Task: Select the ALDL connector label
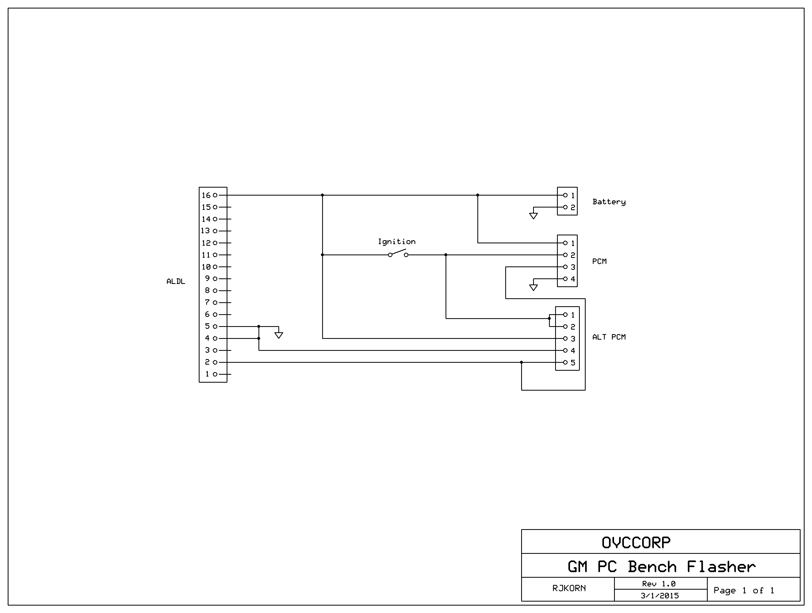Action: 176,282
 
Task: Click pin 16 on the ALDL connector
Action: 215,195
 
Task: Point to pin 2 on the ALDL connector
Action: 215,362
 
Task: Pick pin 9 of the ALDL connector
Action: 215,279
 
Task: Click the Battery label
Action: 609,202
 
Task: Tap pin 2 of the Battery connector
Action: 565,207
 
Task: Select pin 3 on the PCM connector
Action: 565,267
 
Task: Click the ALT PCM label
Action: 609,337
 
